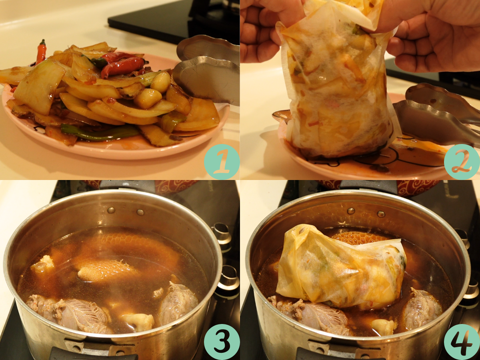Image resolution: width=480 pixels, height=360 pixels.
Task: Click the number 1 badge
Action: (x=222, y=162)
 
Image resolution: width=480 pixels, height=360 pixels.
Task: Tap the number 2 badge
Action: (x=462, y=162)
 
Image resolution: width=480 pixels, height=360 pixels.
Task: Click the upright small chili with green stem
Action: (x=41, y=52)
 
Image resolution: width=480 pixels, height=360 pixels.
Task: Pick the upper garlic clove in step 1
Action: (x=160, y=83)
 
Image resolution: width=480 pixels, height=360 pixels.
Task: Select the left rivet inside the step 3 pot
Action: (x=111, y=210)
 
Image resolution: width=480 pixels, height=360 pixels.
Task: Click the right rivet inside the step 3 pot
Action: (x=140, y=212)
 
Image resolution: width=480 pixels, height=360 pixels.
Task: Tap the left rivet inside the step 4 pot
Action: (x=351, y=211)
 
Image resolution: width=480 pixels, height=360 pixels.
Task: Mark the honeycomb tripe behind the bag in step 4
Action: (x=359, y=238)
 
